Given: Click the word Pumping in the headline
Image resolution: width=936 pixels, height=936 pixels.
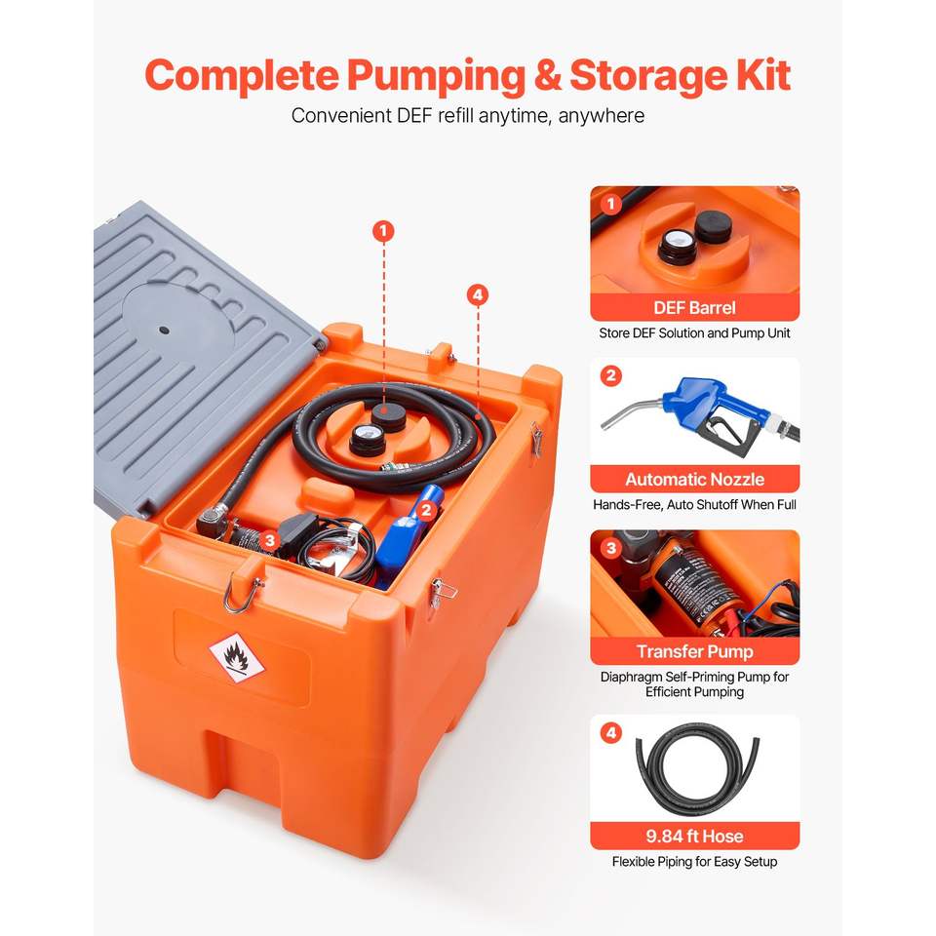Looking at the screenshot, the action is coord(437,76).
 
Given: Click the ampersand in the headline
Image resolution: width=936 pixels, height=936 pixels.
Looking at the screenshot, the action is coord(547,75).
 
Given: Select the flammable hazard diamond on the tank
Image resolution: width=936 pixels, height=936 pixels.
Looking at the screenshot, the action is coord(236,658).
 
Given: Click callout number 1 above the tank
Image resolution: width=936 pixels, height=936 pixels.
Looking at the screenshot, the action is coord(383,231).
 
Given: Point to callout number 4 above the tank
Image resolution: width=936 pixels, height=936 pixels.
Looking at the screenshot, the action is coord(478,294).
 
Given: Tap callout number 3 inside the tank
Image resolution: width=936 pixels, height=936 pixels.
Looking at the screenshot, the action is coord(270,540).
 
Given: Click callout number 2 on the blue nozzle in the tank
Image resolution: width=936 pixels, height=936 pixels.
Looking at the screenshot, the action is coord(426,510).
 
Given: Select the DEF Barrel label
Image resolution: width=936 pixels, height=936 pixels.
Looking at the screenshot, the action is coord(695,308).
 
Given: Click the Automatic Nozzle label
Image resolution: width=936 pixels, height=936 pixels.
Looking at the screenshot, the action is coord(695,480).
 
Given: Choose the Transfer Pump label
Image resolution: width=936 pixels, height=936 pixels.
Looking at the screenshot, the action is coord(695,651).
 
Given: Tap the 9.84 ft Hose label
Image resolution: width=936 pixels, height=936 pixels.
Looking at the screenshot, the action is coord(695,836).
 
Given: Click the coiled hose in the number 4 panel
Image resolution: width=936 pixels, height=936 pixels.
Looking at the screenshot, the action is coord(642,770).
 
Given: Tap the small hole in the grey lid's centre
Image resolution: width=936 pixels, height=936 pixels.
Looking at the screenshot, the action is coord(164,331).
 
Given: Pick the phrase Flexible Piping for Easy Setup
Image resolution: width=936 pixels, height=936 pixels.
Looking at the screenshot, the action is coord(695,861).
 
